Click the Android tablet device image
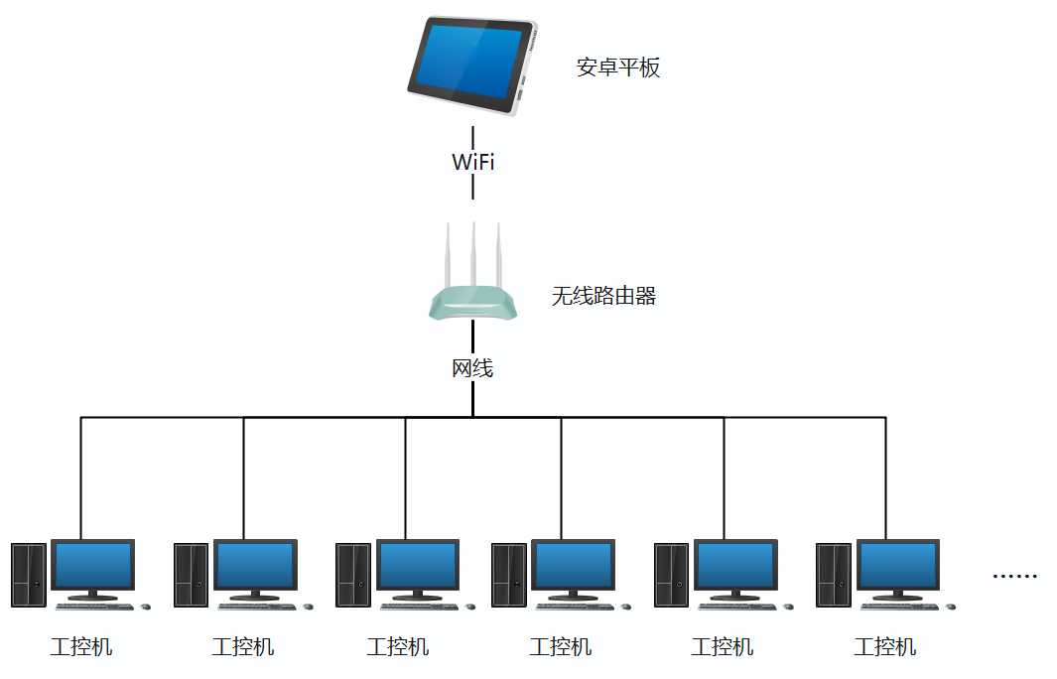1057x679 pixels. pyautogui.click(x=472, y=66)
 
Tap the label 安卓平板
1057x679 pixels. pyautogui.click(x=618, y=68)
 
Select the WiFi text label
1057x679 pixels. pyautogui.click(x=472, y=162)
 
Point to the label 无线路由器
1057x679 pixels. pyautogui.click(x=603, y=296)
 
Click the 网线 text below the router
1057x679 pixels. pyautogui.click(x=472, y=368)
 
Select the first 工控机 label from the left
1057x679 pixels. pyautogui.click(x=81, y=647)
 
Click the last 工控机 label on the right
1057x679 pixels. pyautogui.click(x=884, y=647)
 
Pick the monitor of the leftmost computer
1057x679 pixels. pyautogui.click(x=92, y=566)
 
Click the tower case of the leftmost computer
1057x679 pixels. pyautogui.click(x=29, y=575)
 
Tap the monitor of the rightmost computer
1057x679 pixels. pyautogui.click(x=898, y=566)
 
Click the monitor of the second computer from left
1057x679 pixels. pyautogui.click(x=255, y=566)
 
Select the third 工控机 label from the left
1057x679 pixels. pyautogui.click(x=398, y=647)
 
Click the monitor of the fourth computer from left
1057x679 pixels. pyautogui.click(x=573, y=566)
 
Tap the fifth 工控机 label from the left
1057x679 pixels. pyautogui.click(x=723, y=647)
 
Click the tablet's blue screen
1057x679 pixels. pyautogui.click(x=468, y=63)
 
